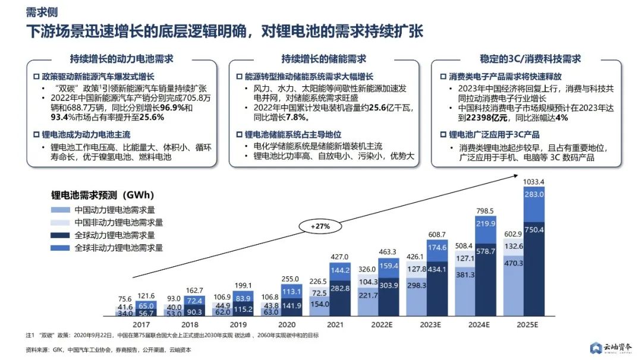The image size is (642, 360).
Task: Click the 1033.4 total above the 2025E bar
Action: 533,182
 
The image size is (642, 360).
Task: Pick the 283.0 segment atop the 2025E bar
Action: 533,194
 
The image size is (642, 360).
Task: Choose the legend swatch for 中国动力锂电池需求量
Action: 61,210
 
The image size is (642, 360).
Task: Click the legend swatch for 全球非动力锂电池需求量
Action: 61,248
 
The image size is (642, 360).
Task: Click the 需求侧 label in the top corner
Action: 38,12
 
